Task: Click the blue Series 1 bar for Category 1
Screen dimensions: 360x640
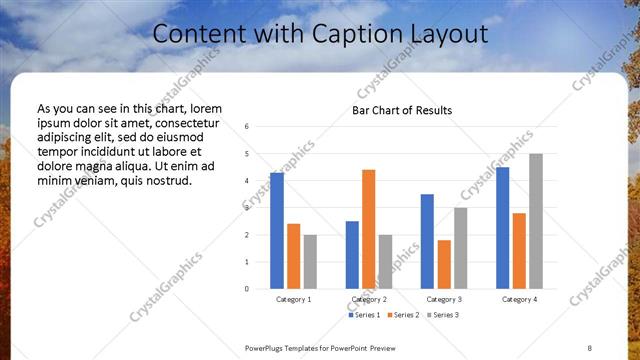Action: coord(277,231)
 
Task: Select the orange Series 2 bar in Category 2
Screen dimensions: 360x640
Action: coord(368,229)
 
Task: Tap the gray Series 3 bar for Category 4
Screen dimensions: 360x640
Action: coord(536,221)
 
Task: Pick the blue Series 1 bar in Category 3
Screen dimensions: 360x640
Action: coord(427,241)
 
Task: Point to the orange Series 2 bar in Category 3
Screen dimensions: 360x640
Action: coord(444,264)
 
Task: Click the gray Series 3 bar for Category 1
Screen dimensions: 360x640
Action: coord(310,261)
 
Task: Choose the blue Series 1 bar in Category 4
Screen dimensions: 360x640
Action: coord(502,228)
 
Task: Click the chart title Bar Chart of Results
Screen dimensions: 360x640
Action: coord(402,110)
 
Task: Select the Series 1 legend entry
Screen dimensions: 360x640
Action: coord(364,315)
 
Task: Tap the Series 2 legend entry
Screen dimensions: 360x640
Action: coord(402,315)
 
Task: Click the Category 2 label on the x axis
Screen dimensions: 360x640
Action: coord(369,299)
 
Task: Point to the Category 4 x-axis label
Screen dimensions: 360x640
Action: coord(519,299)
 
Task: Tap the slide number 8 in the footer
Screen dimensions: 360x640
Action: coord(590,347)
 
